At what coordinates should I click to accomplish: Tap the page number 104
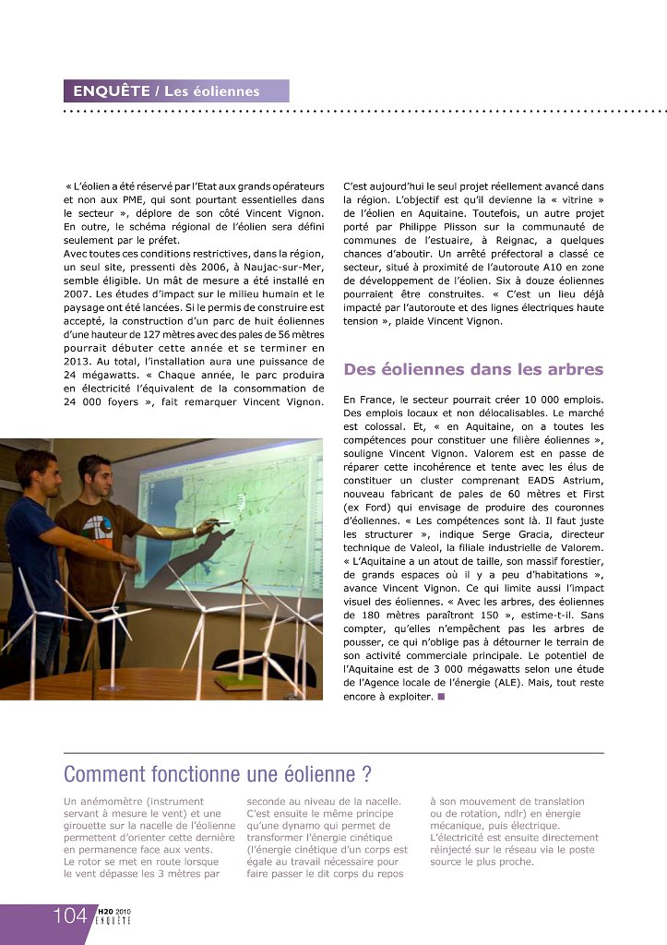[69, 916]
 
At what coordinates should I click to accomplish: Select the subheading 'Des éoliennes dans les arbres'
[473, 369]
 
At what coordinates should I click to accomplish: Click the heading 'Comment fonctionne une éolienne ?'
[218, 772]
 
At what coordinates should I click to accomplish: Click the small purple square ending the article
[443, 697]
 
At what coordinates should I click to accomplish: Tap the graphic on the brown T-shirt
[92, 525]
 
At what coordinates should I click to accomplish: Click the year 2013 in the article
[81, 361]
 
